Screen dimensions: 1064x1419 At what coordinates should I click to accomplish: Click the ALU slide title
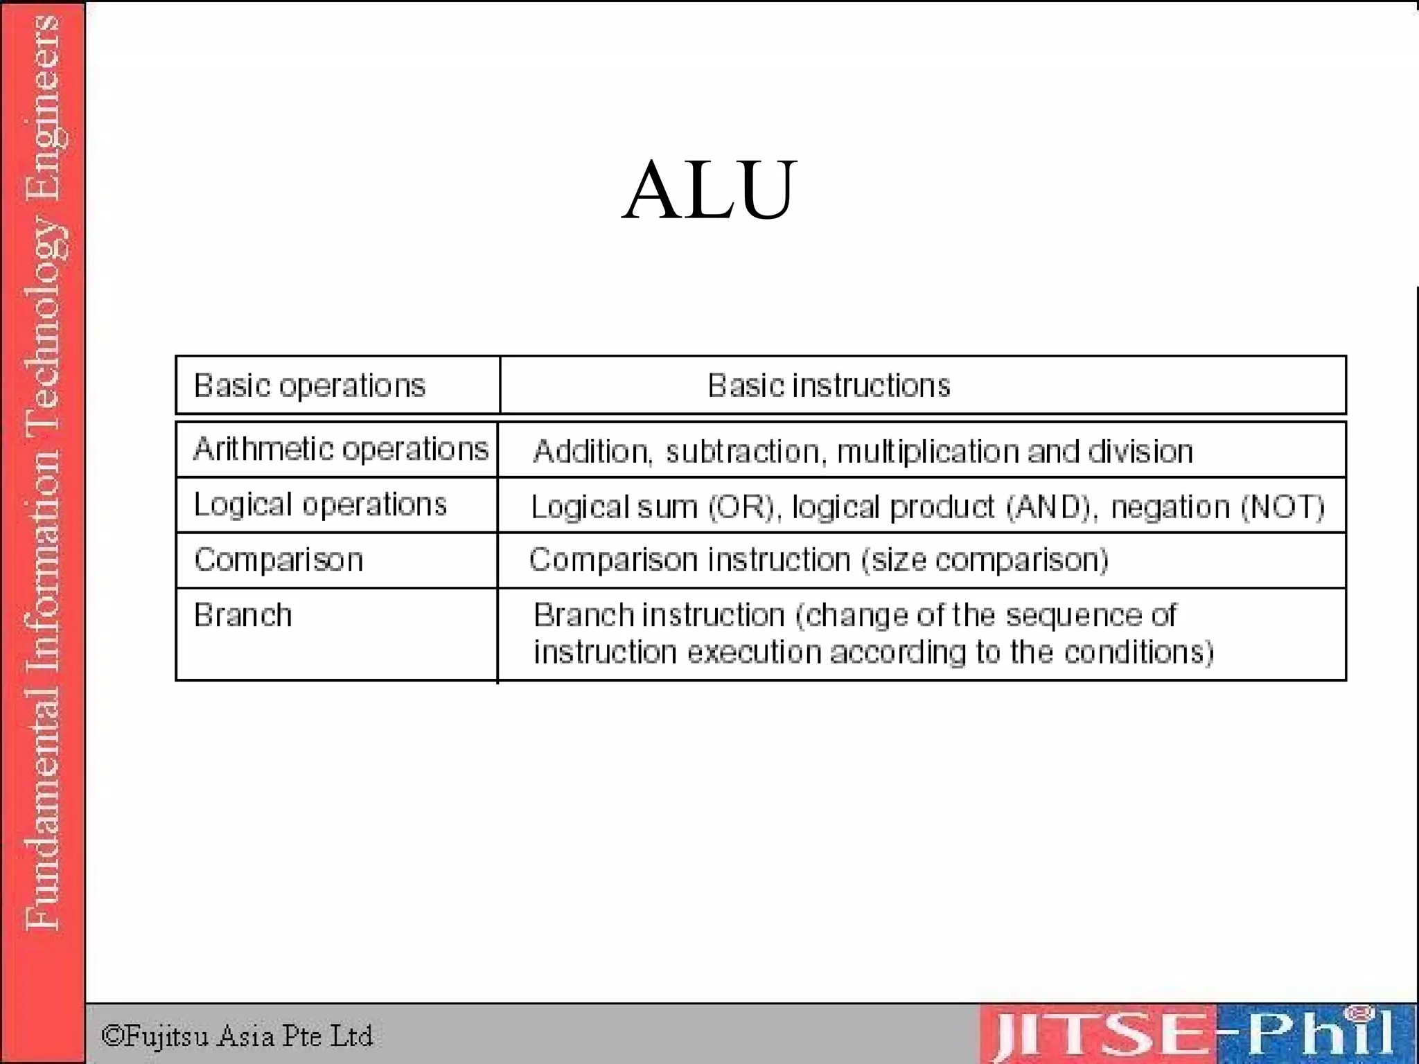click(709, 190)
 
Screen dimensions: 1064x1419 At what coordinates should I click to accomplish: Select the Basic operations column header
click(309, 386)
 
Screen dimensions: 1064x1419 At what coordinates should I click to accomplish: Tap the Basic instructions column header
click(829, 386)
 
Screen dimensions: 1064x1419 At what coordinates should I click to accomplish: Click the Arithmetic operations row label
click(341, 450)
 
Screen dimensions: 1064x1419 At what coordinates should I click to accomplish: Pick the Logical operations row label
click(320, 505)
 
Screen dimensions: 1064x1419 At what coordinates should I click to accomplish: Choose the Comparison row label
click(279, 560)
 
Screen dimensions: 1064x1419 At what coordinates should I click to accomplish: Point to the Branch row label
click(243, 615)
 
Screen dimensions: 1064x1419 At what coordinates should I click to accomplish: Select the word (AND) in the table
click(1051, 507)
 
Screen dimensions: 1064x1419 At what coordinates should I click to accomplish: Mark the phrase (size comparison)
click(985, 560)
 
